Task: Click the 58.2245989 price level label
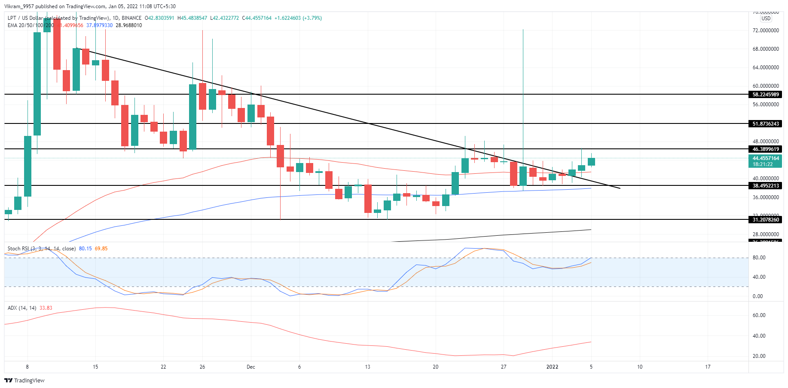(765, 95)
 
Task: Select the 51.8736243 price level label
(765, 124)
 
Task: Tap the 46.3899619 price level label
(765, 149)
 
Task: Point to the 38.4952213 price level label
(765, 186)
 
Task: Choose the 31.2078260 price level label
(765, 220)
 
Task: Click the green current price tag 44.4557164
(765, 159)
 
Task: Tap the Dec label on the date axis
(251, 367)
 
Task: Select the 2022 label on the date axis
(552, 367)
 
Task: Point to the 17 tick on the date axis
(708, 367)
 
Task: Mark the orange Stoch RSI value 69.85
(101, 249)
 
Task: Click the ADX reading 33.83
(46, 308)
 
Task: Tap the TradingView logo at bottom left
(24, 380)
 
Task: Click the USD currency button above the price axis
(766, 18)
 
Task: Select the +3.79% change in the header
(312, 18)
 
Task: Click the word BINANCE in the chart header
(131, 18)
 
